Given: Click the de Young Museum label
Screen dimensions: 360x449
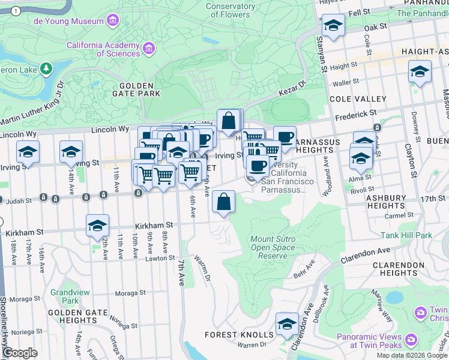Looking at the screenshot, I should point(68,21).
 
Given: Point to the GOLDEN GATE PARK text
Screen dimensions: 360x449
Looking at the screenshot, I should point(135,89).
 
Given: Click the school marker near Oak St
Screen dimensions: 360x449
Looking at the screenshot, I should point(333,26).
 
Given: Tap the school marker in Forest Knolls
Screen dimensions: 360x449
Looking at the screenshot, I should point(288,324).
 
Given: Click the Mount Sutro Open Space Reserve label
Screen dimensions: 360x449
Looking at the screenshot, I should point(273,247).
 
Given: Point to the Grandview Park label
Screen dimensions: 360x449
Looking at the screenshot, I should point(70,296).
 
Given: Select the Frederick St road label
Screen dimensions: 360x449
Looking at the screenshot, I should point(355,112).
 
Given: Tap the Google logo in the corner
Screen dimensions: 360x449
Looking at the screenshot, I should point(20,353).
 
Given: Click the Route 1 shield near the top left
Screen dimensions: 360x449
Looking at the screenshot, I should point(16,11).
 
